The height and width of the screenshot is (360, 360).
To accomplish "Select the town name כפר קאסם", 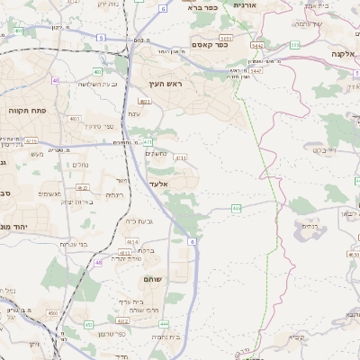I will [x=208, y=44].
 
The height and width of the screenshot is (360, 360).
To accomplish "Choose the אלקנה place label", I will [x=343, y=53].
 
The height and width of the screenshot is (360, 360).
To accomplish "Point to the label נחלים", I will [x=80, y=165].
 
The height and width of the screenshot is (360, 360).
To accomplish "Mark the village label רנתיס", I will [x=308, y=226].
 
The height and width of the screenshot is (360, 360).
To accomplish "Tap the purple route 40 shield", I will [x=55, y=81].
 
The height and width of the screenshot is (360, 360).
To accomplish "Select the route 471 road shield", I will [x=147, y=142].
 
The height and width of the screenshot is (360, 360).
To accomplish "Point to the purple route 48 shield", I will [x=97, y=262].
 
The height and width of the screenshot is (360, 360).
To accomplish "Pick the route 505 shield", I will [x=294, y=44].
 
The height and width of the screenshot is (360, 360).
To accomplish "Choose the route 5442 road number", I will [x=257, y=44].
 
